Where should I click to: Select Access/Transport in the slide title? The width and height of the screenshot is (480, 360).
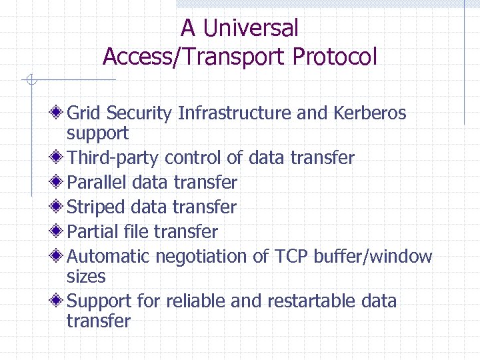(195, 57)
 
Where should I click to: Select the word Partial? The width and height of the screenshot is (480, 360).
(93, 232)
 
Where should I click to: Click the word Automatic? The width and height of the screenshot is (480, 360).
(109, 257)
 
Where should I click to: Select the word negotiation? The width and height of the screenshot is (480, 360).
(203, 257)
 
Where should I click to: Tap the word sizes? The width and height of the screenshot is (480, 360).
(86, 276)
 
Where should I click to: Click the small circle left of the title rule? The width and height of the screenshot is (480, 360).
(30, 81)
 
